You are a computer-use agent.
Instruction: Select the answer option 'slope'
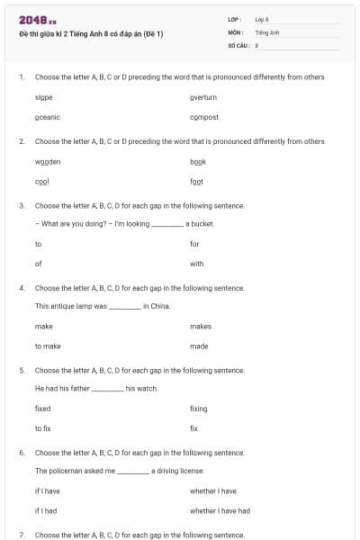pyautogui.click(x=43, y=96)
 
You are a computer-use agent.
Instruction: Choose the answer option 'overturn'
pyautogui.click(x=203, y=96)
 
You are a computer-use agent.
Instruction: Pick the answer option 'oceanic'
pyautogui.click(x=47, y=117)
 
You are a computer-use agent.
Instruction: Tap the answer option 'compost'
pyautogui.click(x=204, y=117)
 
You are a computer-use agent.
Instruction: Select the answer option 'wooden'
pyautogui.click(x=48, y=161)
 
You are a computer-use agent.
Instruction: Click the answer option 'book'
pyautogui.click(x=198, y=161)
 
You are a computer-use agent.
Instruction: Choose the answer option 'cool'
pyautogui.click(x=41, y=182)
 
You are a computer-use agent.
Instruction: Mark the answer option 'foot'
pyautogui.click(x=196, y=182)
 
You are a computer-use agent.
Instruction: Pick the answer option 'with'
pyautogui.click(x=197, y=264)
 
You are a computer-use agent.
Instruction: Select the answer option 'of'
pyautogui.click(x=39, y=264)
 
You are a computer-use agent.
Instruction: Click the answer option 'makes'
pyautogui.click(x=201, y=327)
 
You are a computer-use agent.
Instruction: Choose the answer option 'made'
pyautogui.click(x=199, y=346)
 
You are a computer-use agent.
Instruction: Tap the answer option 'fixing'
pyautogui.click(x=198, y=409)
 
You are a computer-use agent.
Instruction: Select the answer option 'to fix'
pyautogui.click(x=42, y=428)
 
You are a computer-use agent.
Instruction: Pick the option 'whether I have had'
pyautogui.click(x=220, y=510)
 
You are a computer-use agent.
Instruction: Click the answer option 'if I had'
pyautogui.click(x=46, y=510)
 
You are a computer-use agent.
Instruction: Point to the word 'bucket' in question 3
pyautogui.click(x=203, y=223)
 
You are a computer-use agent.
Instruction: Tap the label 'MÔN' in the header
pyautogui.click(x=236, y=31)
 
